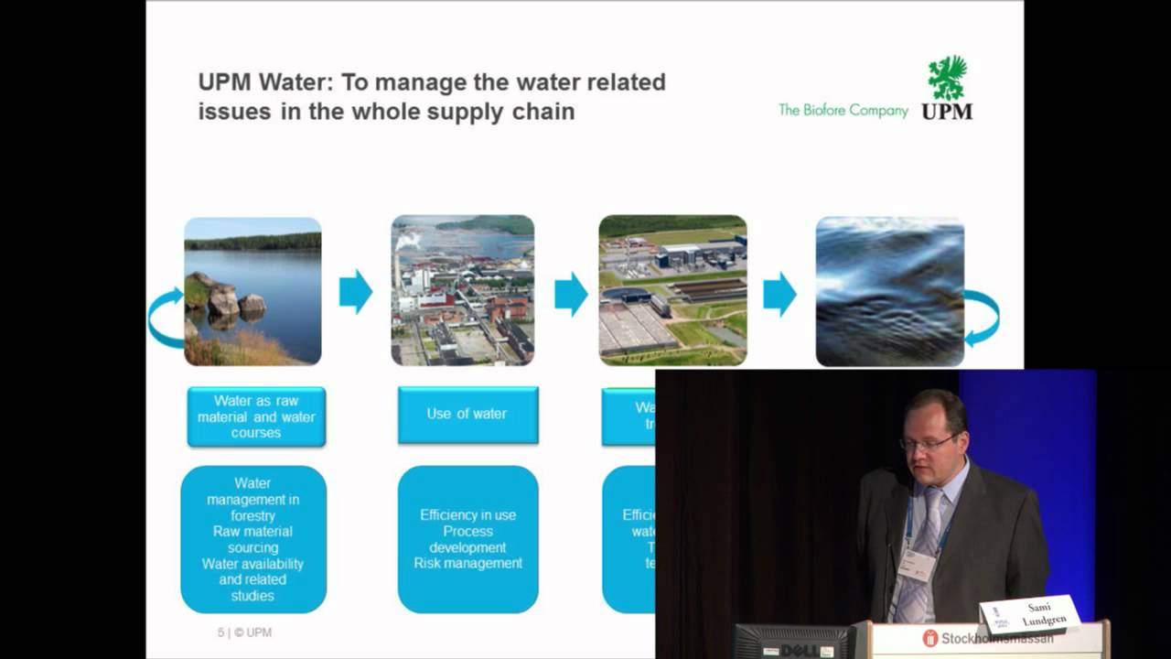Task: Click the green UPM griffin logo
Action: pos(947,79)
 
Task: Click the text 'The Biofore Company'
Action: pos(843,111)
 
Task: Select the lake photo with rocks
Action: pos(252,291)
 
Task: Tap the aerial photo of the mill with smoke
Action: pos(463,291)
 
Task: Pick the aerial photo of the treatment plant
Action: pos(672,291)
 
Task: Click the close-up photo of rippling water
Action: pos(889,291)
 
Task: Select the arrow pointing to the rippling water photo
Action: pos(779,293)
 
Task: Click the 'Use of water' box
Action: pos(467,415)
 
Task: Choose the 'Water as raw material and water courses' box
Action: pos(256,416)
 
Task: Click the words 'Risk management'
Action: pos(467,564)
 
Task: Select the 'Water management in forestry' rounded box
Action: pos(253,539)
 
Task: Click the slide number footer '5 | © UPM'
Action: pos(244,632)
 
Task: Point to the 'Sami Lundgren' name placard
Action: pos(1030,614)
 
